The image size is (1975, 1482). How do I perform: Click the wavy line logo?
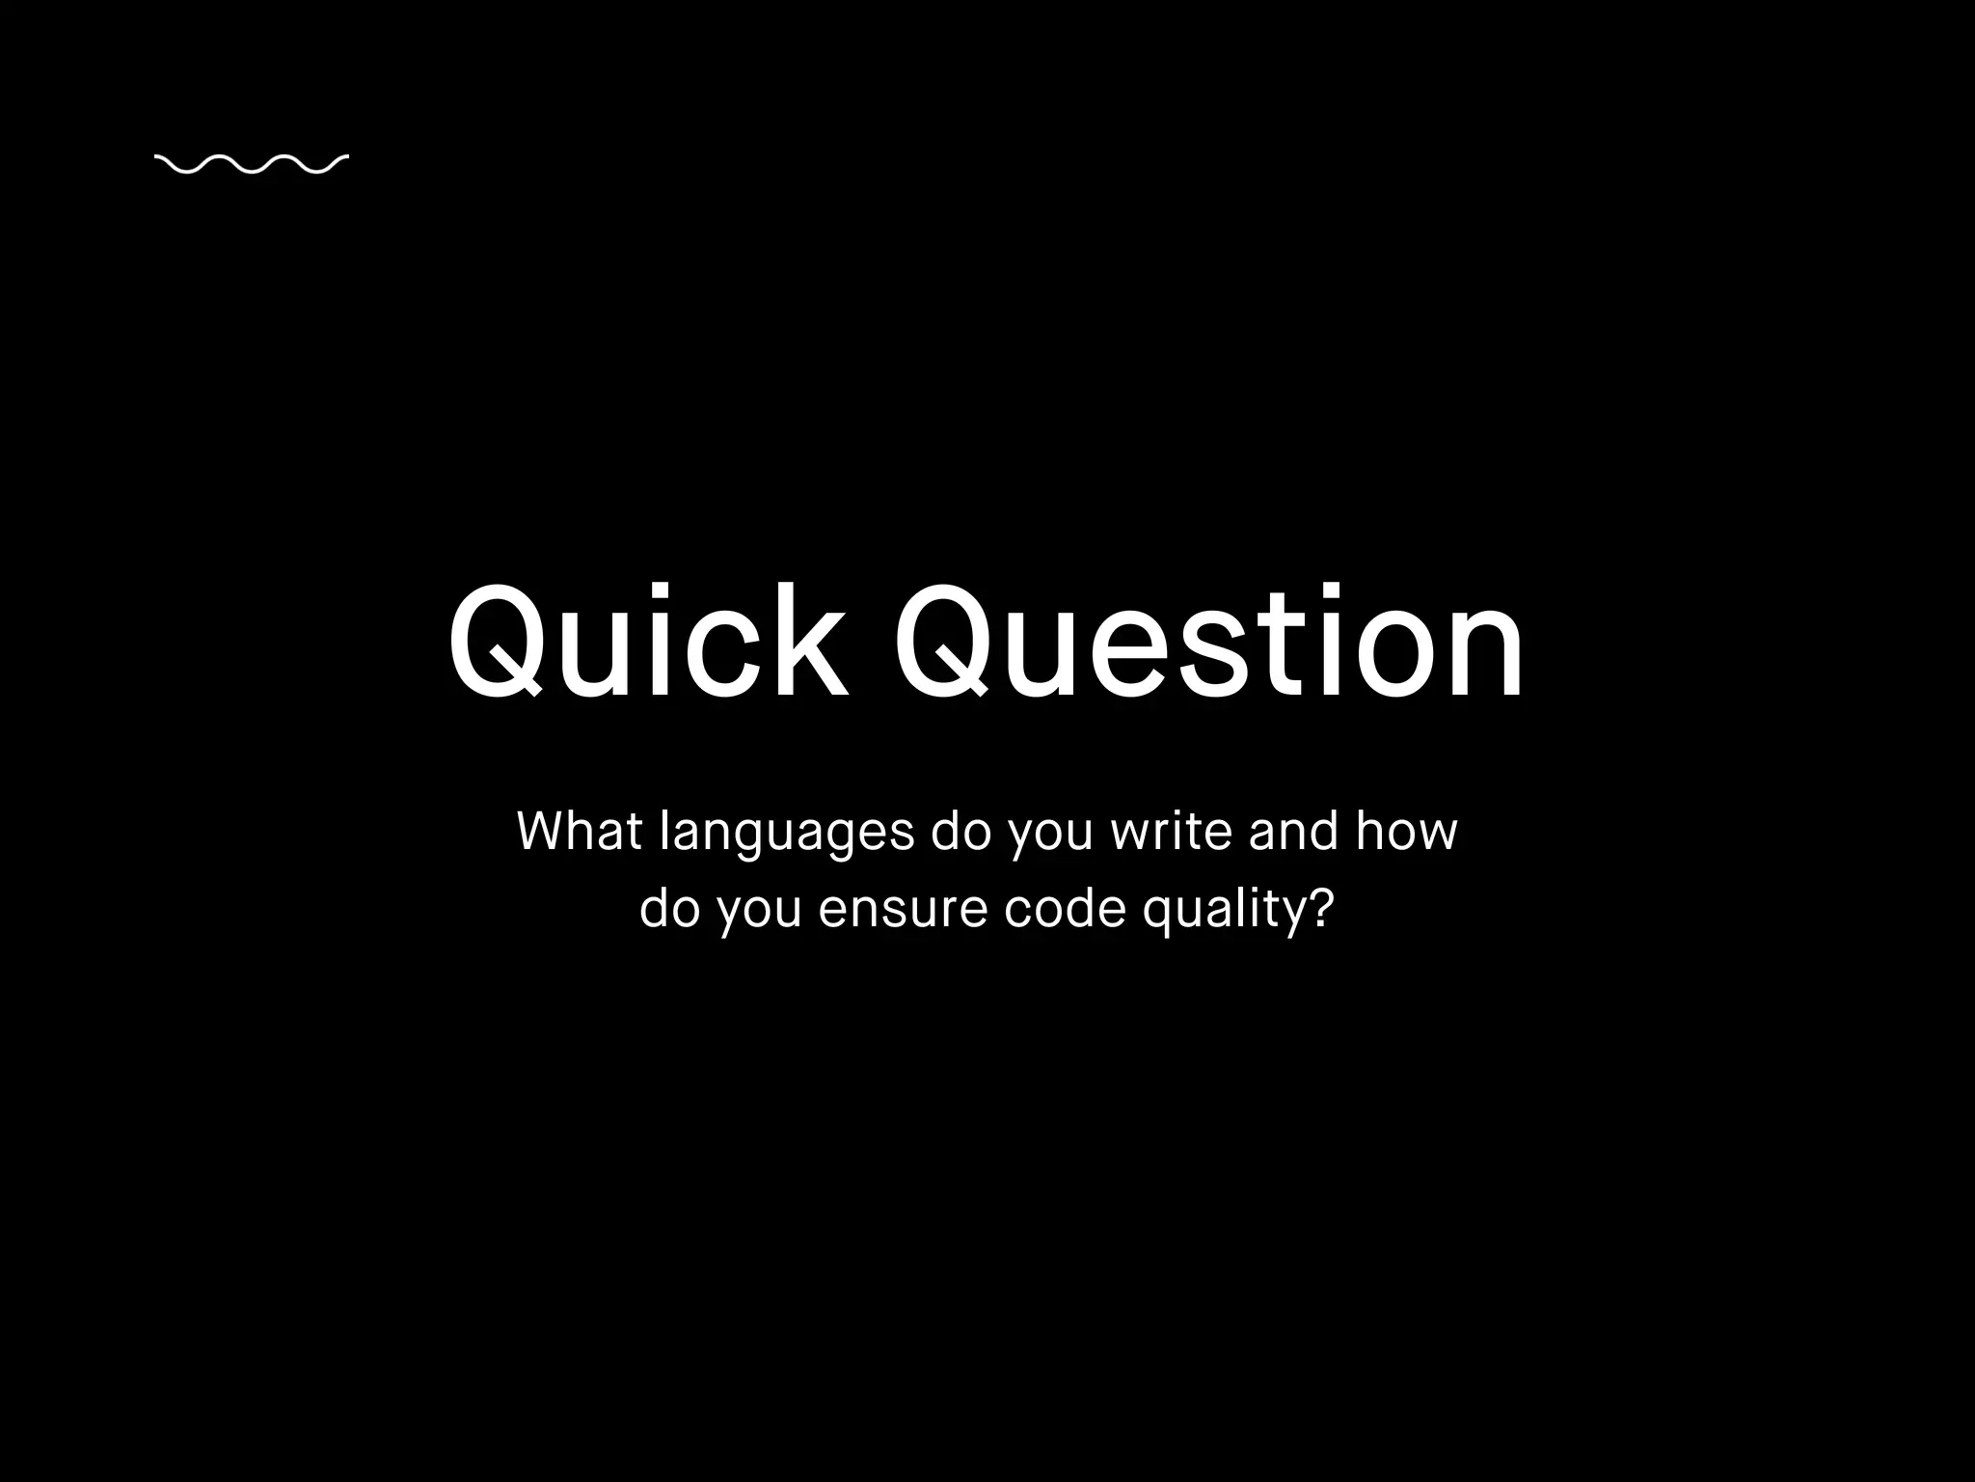coord(251,165)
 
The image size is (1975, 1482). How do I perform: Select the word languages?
coord(787,833)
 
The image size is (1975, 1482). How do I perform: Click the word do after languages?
coord(960,831)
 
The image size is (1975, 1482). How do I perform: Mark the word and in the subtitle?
coord(1293,831)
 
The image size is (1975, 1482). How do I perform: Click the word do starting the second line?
coord(669,909)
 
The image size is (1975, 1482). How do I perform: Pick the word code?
coord(1065,909)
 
